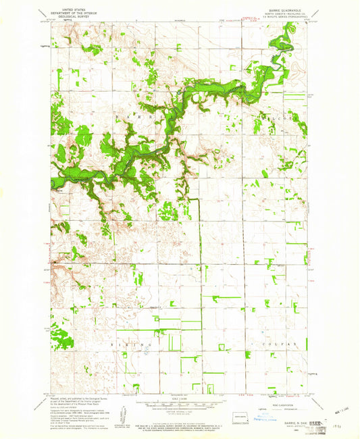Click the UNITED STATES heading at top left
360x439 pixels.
74,8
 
